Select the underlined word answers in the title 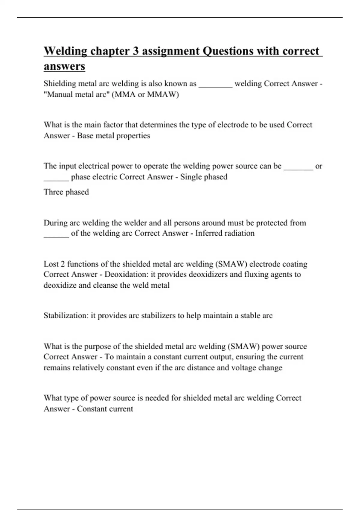(x=64, y=66)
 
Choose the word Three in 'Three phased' (x=53, y=192)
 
